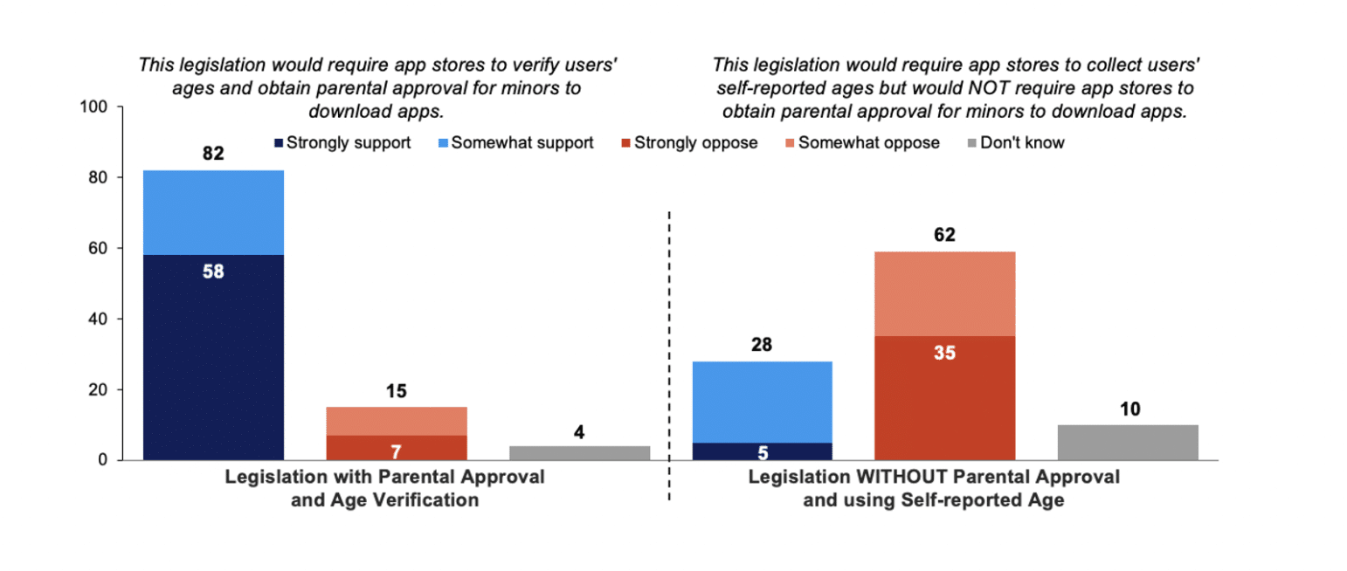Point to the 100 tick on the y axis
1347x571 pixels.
coord(93,107)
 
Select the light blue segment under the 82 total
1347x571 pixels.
coord(214,212)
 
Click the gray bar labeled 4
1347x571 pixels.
coord(579,452)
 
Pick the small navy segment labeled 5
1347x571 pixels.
coord(762,451)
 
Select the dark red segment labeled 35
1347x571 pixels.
coord(944,397)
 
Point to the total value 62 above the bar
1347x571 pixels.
coord(944,235)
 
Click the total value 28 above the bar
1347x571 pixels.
coord(762,345)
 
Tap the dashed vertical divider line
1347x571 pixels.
coord(669,349)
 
